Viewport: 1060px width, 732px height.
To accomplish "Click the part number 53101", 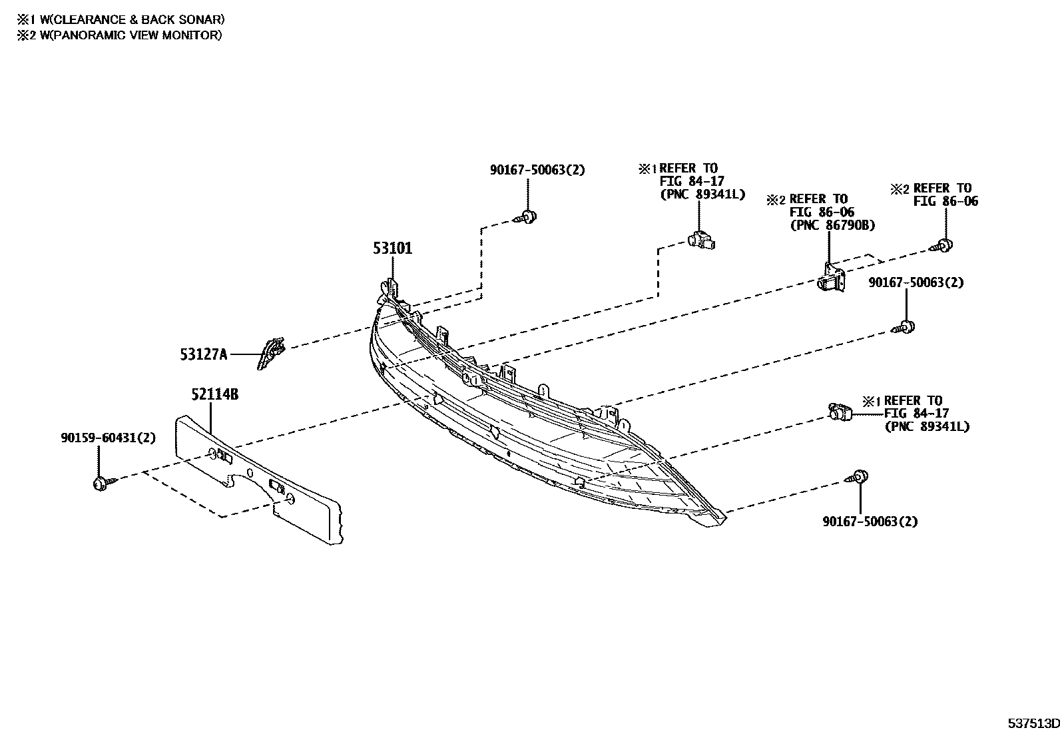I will pyautogui.click(x=392, y=248).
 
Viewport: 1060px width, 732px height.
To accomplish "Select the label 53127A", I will pyautogui.click(x=203, y=355).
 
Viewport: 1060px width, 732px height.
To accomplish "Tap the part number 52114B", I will pyautogui.click(x=214, y=394).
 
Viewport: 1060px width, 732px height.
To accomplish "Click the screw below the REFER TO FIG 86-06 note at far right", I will pyautogui.click(x=942, y=245).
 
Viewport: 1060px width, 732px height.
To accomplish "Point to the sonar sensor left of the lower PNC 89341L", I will pyautogui.click(x=839, y=413).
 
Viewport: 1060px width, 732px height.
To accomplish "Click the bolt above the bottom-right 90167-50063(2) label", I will pyautogui.click(x=858, y=477).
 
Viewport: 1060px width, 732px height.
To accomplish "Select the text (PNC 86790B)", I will pyautogui.click(x=832, y=225).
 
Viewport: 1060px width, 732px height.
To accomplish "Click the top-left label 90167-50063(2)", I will pyautogui.click(x=537, y=170).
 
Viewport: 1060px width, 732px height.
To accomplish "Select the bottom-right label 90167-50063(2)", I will pyautogui.click(x=870, y=522).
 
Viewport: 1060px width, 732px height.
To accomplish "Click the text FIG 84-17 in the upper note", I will pyautogui.click(x=692, y=181).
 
